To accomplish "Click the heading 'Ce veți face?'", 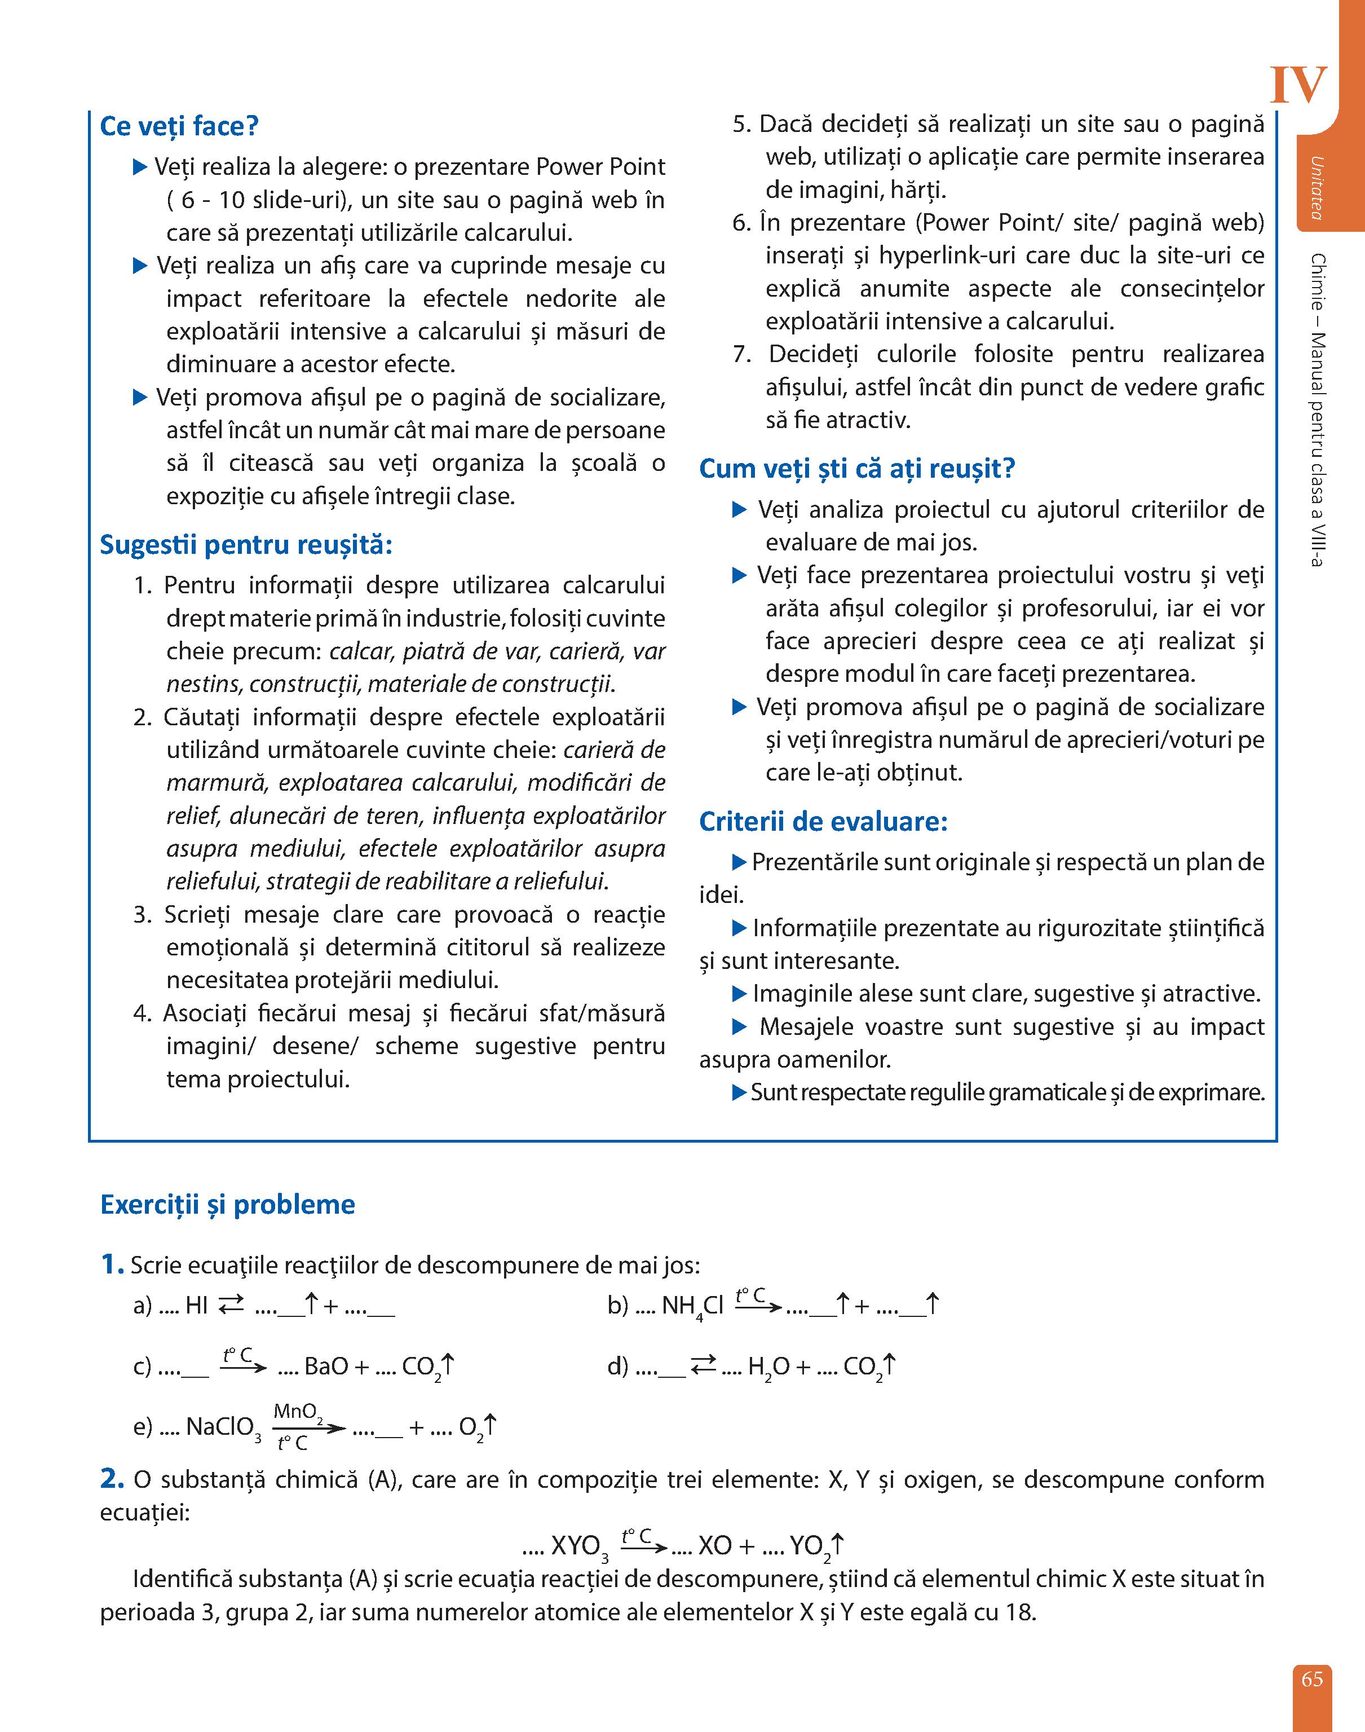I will point(179,126).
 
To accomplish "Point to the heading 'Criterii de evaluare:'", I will point(823,822).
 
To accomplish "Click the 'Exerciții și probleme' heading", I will point(228,1205).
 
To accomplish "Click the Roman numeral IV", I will point(1298,86).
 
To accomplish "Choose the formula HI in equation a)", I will point(197,1306).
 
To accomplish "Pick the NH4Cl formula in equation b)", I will point(692,1307).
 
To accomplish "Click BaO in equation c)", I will point(326,1367).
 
